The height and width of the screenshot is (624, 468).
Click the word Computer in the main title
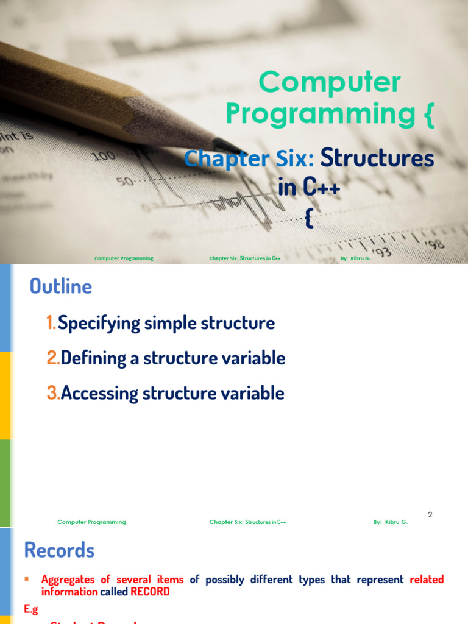(330, 83)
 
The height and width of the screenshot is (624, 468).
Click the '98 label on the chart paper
(437, 244)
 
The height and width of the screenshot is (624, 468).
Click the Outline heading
(61, 286)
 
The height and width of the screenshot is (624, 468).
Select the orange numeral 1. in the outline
(51, 323)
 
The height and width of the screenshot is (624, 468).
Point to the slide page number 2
(430, 515)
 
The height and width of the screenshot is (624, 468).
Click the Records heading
(59, 551)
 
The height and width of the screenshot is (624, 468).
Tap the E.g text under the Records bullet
(31, 608)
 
